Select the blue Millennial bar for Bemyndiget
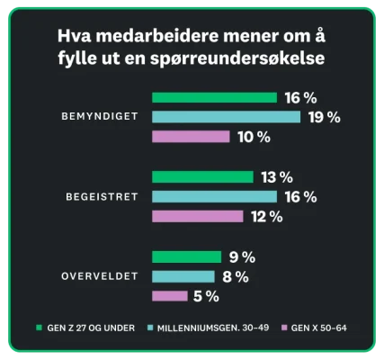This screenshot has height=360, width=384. [x=226, y=117]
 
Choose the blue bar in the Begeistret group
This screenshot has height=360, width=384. [x=214, y=196]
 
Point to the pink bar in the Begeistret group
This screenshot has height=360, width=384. [x=197, y=216]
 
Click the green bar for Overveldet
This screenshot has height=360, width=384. [x=186, y=256]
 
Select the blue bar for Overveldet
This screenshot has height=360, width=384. [x=183, y=276]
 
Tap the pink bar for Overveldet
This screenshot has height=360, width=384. [x=170, y=296]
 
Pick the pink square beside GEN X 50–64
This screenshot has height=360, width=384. [x=285, y=328]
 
